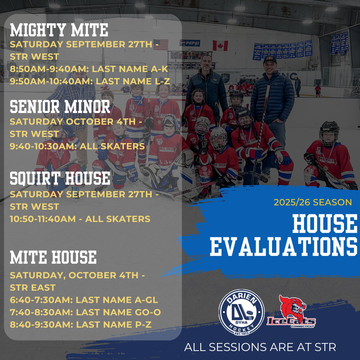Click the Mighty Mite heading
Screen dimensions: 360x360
tap(59, 30)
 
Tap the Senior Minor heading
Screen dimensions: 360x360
tap(60, 107)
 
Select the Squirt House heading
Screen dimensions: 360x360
tap(60, 178)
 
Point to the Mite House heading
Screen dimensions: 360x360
tap(53, 257)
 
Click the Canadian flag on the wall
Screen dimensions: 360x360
tap(220, 45)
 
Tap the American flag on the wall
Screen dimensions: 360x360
tap(161, 45)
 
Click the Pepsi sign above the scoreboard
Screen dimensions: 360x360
tap(190, 43)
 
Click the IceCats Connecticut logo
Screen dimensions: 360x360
tap(291, 311)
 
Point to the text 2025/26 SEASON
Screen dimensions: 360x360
tap(313, 202)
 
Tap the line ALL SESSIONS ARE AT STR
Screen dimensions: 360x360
tap(260, 347)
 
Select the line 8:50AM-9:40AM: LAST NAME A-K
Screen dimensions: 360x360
tap(89, 69)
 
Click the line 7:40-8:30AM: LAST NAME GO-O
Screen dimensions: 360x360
tap(85, 312)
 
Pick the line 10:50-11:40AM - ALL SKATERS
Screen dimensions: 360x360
tap(80, 219)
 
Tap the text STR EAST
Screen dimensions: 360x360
tap(33, 287)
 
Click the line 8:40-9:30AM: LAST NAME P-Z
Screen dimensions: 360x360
tap(81, 325)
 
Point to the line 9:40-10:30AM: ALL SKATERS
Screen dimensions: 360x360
tap(77, 146)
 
